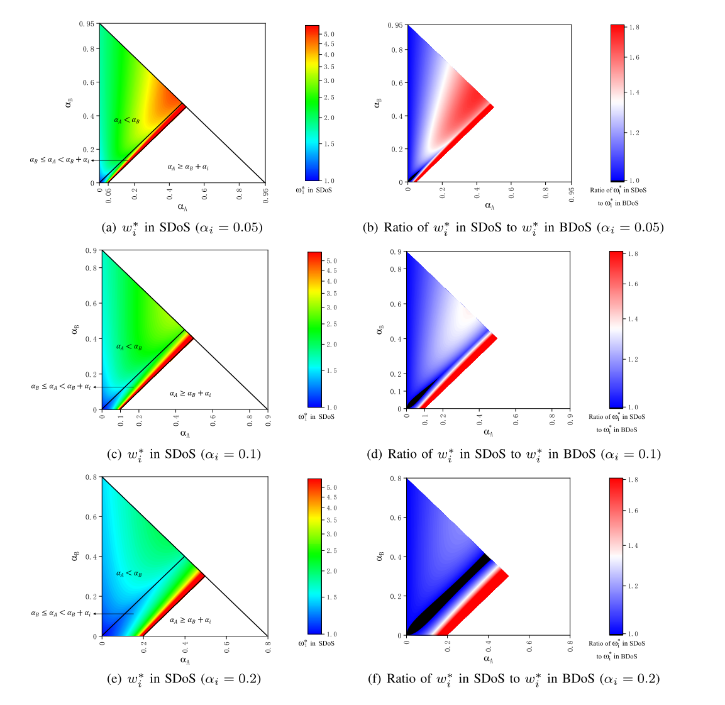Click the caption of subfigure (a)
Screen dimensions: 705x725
pyautogui.click(x=182, y=227)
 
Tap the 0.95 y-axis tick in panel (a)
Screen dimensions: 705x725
pyautogui.click(x=87, y=24)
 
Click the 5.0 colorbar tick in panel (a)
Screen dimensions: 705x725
pyautogui.click(x=329, y=34)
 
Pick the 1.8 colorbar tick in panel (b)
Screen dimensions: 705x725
pyautogui.click(x=634, y=28)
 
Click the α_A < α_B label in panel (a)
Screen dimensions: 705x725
pyautogui.click(x=127, y=120)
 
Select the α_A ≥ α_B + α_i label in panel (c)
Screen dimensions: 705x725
pyautogui.click(x=190, y=394)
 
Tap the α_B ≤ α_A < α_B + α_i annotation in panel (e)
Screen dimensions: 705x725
pyautogui.click(x=61, y=614)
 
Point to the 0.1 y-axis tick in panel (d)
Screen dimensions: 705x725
pyautogui.click(x=397, y=391)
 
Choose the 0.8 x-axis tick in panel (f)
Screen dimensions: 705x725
pyautogui.click(x=570, y=645)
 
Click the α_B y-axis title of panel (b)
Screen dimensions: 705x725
pyautogui.click(x=377, y=102)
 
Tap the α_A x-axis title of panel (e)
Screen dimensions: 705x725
pyautogui.click(x=185, y=660)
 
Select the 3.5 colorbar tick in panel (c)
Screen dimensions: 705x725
pyautogui.click(x=331, y=294)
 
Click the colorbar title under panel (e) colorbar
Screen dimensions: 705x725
pyautogui.click(x=316, y=643)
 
